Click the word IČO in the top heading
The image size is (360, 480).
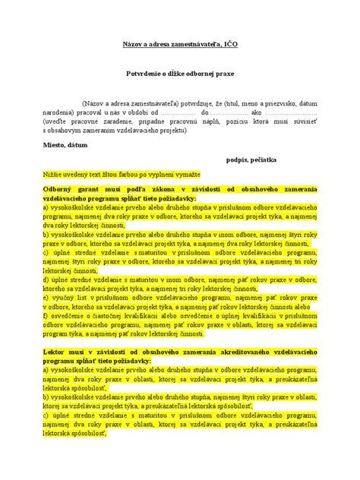230,46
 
